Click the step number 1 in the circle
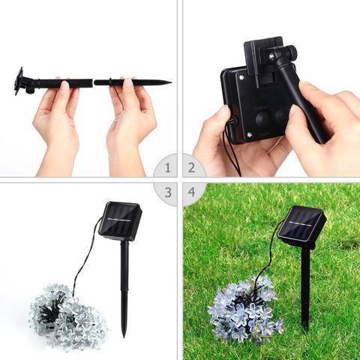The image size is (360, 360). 168,167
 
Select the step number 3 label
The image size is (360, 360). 168,192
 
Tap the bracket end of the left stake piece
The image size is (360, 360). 19,81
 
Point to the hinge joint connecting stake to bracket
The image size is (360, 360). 284,54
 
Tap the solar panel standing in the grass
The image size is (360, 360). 301,226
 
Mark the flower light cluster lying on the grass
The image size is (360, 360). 243,311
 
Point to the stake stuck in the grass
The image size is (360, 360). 305,289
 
